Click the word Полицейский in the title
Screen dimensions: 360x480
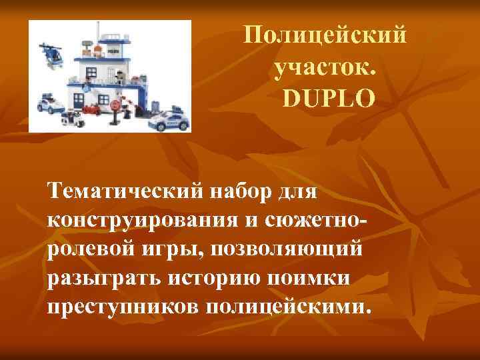pyautogui.click(x=325, y=34)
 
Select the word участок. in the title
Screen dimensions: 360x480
pyautogui.click(x=325, y=66)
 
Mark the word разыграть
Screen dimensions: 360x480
pyautogui.click(x=95, y=277)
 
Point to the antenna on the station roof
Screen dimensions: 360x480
pyautogui.click(x=99, y=33)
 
